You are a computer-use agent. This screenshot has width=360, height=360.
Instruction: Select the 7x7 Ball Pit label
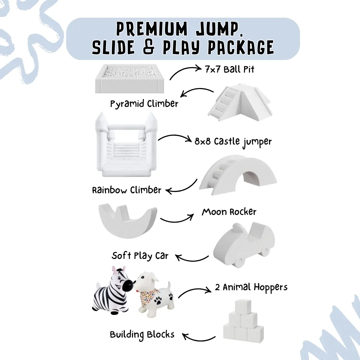pos(230,70)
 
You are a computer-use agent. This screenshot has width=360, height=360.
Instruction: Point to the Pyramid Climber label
pos(144,104)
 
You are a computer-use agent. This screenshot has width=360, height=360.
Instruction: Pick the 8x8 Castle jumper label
pos(233,141)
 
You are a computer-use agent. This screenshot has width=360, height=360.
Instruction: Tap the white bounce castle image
pos(127,147)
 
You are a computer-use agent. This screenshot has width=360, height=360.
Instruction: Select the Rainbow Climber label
pos(127,190)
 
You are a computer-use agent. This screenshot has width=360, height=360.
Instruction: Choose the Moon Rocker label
pos(229,212)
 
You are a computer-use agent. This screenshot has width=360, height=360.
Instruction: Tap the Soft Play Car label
pos(140,256)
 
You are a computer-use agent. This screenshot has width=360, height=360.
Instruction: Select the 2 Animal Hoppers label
pos(251,287)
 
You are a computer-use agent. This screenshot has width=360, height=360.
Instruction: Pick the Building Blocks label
pos(142,334)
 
